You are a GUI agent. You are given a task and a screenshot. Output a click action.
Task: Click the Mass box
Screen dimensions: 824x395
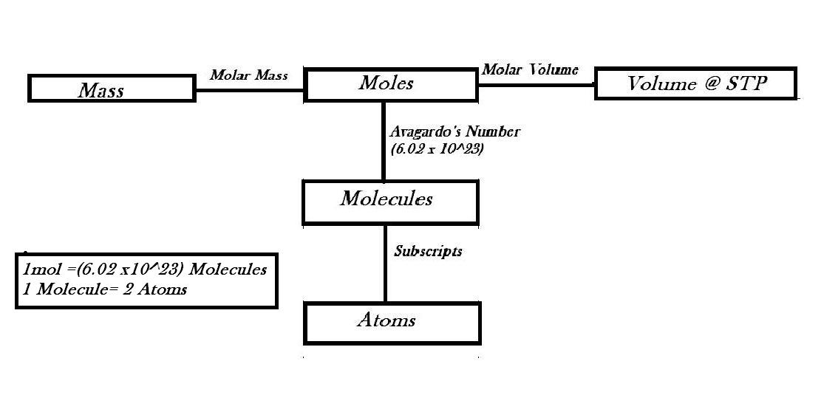(x=112, y=89)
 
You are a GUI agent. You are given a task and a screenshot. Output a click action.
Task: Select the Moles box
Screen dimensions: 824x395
(x=390, y=84)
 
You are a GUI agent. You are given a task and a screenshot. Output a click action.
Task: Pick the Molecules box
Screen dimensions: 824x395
(x=390, y=200)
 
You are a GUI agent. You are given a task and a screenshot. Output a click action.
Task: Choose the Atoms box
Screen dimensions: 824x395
(x=390, y=322)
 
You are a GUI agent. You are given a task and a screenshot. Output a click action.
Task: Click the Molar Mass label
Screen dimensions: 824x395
(x=248, y=75)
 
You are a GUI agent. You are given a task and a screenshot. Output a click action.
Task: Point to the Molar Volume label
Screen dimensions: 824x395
(x=530, y=69)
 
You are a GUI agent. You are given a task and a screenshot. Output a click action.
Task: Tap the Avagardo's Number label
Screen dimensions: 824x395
(x=454, y=132)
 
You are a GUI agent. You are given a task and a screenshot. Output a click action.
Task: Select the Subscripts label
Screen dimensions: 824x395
(x=428, y=251)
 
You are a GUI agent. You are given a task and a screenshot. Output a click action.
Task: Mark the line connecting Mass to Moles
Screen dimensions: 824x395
(x=250, y=91)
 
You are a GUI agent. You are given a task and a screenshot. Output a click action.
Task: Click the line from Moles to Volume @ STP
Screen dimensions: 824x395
(x=537, y=85)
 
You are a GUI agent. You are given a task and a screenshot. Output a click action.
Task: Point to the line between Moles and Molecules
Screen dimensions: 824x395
(x=383, y=140)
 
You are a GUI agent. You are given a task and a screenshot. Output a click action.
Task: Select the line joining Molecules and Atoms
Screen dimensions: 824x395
(x=385, y=262)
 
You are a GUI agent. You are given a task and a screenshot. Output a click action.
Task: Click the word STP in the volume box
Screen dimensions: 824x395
(x=746, y=83)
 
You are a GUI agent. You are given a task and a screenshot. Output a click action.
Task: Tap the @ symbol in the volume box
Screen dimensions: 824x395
(x=711, y=84)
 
